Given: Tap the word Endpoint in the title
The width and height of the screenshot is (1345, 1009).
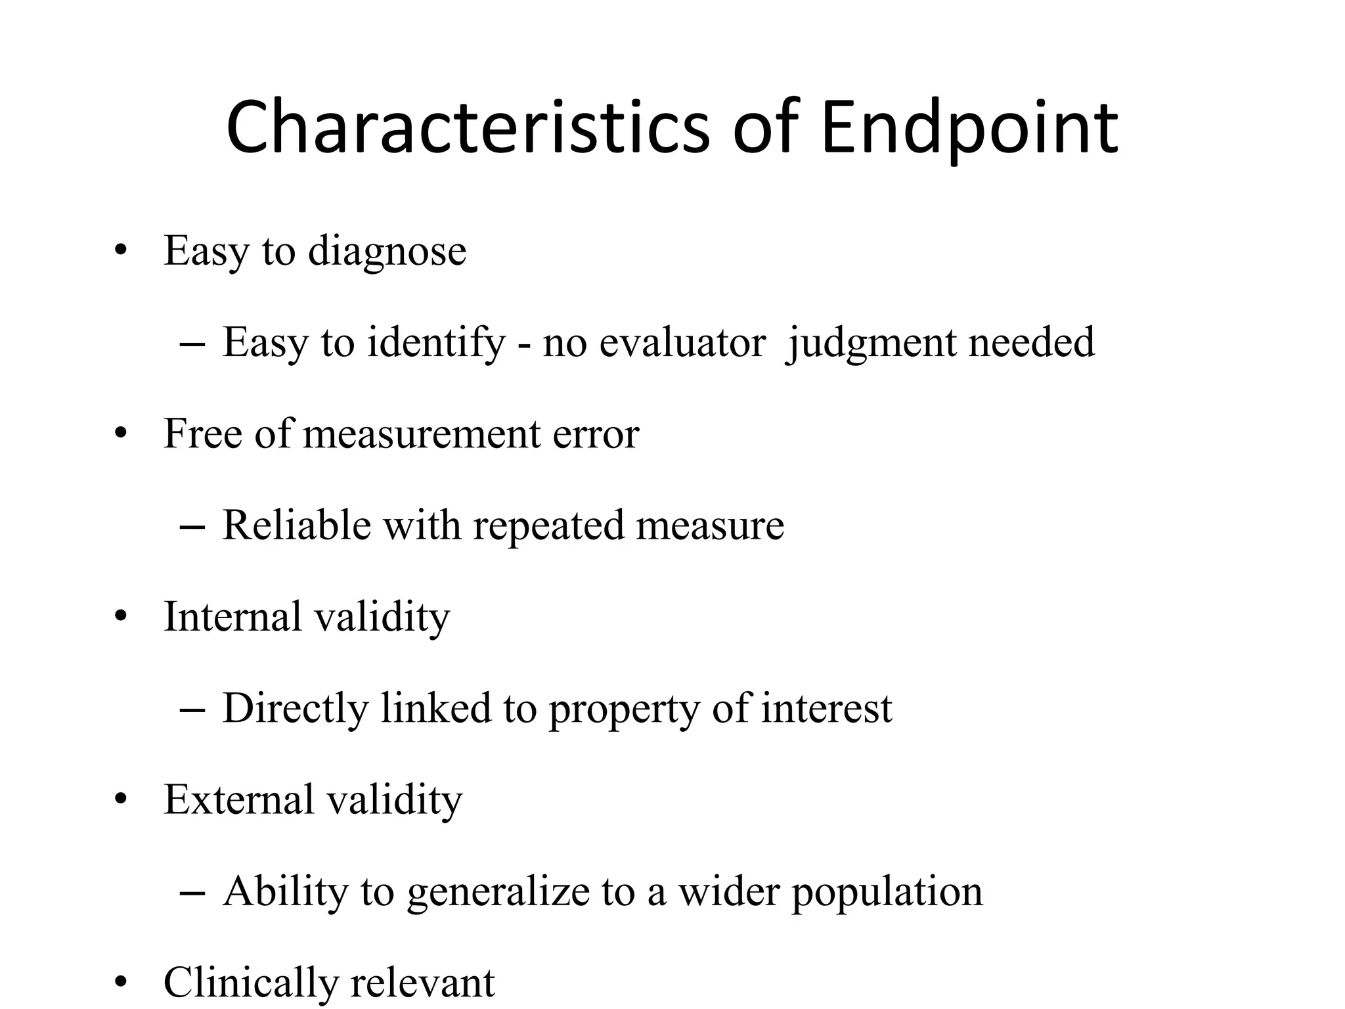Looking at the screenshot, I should [x=969, y=127].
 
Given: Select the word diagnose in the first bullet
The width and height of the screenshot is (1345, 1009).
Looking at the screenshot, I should [x=387, y=251].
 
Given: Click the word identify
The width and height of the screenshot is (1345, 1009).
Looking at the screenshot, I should [x=436, y=342].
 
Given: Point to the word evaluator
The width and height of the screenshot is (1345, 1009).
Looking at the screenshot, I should [x=682, y=342].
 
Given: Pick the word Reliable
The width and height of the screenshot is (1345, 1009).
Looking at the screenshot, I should [x=296, y=525].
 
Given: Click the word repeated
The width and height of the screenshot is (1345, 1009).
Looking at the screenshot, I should [x=548, y=525].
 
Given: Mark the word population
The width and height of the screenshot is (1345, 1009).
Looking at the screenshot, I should [x=887, y=891].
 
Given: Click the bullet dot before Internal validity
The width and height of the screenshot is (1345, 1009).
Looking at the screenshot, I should [x=120, y=617].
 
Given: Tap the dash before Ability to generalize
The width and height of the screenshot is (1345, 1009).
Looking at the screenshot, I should [x=192, y=893].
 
